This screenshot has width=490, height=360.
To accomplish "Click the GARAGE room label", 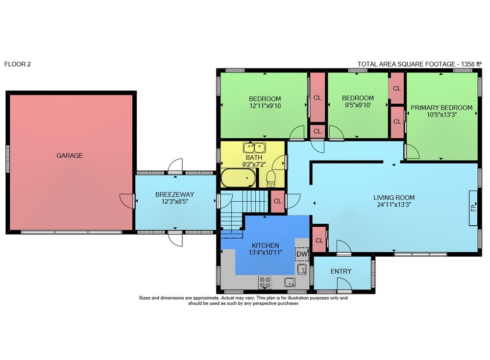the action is pyautogui.click(x=70, y=155).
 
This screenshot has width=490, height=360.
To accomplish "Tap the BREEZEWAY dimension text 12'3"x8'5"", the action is pyautogui.click(x=175, y=202).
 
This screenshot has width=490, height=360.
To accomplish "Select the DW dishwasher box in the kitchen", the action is pyautogui.click(x=302, y=254).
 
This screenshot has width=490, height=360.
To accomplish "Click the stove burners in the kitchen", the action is pyautogui.click(x=265, y=282).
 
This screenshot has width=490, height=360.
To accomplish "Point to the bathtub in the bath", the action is pyautogui.click(x=239, y=178).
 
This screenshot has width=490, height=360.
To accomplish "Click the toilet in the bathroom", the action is pyautogui.click(x=270, y=179).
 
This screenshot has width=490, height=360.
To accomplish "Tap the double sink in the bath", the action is pyautogui.click(x=254, y=147).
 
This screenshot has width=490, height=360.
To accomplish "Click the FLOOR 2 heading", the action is pyautogui.click(x=18, y=64).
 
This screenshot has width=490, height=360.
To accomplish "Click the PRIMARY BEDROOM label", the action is pyautogui.click(x=441, y=107).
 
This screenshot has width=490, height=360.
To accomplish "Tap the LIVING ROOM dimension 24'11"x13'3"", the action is pyautogui.click(x=394, y=205).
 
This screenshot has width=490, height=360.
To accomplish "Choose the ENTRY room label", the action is pyautogui.click(x=341, y=271).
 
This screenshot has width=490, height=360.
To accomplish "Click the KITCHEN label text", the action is pyautogui.click(x=265, y=245).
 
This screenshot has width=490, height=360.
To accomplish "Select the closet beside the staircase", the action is pyautogui.click(x=277, y=201).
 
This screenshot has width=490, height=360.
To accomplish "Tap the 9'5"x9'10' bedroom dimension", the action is pyautogui.click(x=358, y=105).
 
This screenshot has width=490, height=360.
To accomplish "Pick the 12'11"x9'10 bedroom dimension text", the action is pyautogui.click(x=265, y=106).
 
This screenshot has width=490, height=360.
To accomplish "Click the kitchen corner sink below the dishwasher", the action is pyautogui.click(x=301, y=269).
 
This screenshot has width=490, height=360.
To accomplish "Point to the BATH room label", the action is pyautogui.click(x=254, y=157).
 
